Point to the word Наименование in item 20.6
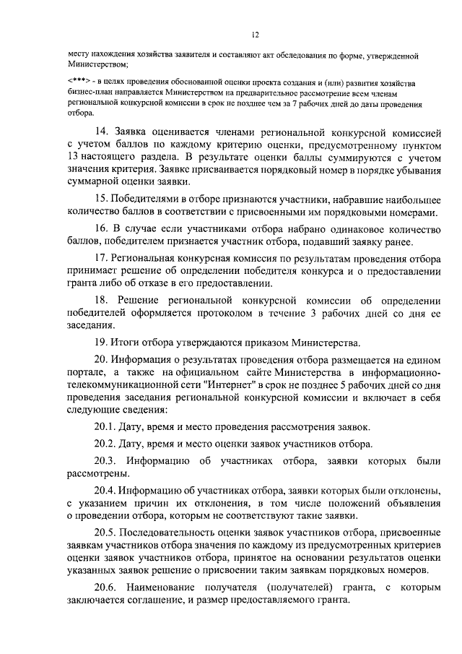click(168, 588)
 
